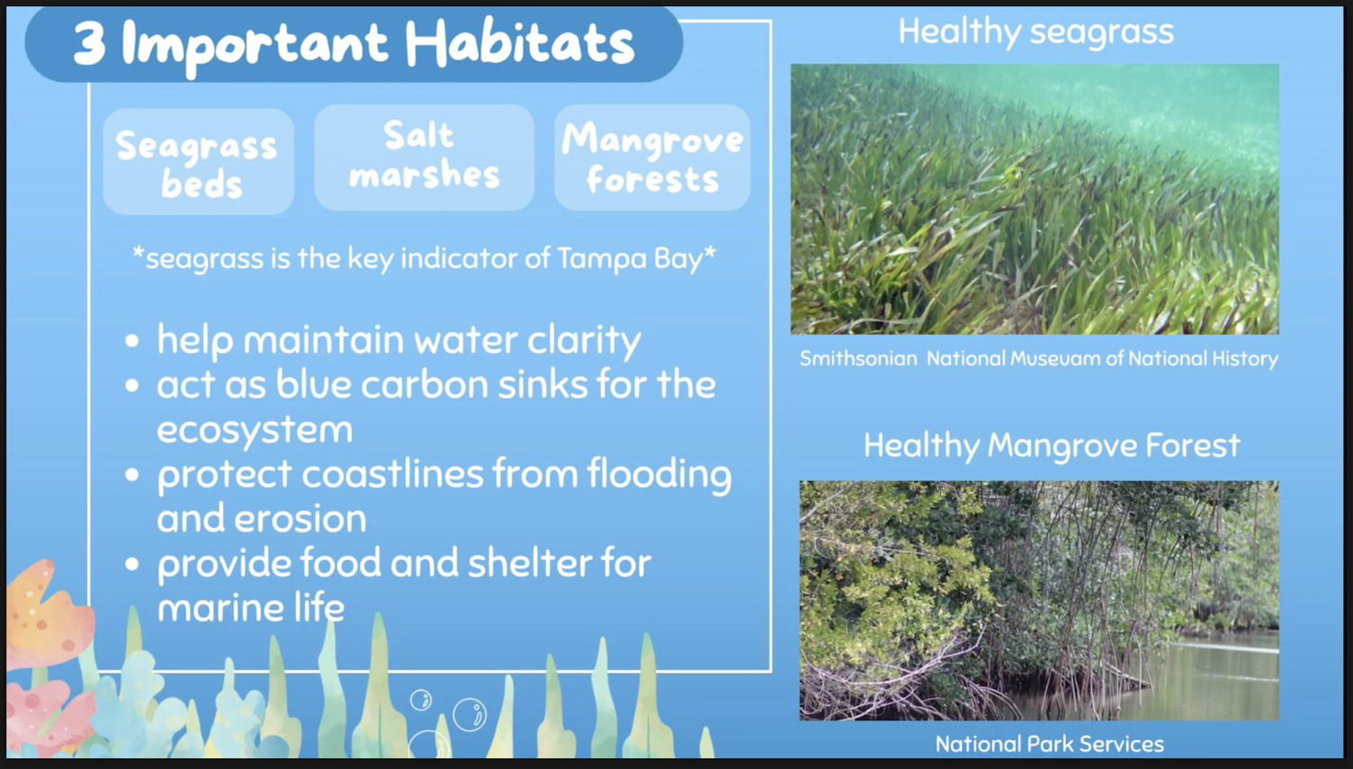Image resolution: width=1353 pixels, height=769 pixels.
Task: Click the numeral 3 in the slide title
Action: point(89,43)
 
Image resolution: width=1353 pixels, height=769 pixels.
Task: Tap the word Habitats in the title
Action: point(520,42)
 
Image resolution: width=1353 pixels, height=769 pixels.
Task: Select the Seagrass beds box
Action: point(198,161)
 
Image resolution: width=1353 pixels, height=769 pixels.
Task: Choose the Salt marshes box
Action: point(424,157)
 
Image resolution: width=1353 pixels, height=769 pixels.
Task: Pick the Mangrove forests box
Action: point(652,157)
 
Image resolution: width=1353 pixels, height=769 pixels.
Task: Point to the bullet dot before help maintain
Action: point(131,341)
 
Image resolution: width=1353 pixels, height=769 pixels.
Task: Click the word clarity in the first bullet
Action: point(584,341)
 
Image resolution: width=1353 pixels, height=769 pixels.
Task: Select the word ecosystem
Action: point(255,430)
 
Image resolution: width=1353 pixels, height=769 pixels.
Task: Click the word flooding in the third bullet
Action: point(659,475)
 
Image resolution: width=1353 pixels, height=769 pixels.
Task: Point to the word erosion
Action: point(300,519)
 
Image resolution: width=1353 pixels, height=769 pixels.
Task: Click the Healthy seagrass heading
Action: point(1036,32)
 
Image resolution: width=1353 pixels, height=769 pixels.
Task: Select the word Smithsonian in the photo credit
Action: point(858,359)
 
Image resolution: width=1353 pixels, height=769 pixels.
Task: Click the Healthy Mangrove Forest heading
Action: point(1052,446)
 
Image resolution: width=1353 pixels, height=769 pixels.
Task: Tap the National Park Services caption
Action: point(1050,744)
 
